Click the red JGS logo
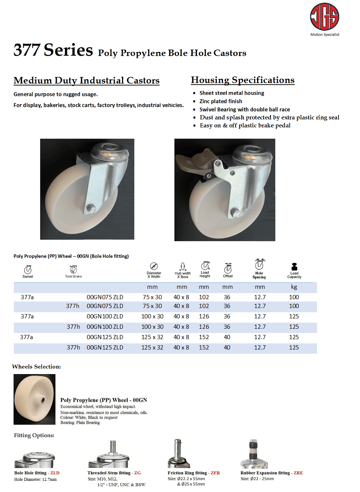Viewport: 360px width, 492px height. [x=324, y=16]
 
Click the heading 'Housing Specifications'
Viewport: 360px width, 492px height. [x=243, y=80]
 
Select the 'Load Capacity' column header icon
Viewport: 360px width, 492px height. [x=294, y=267]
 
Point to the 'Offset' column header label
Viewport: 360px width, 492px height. [x=228, y=276]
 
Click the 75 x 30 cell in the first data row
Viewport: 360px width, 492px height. [x=152, y=297]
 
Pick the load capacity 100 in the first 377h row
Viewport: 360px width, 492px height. [x=294, y=306]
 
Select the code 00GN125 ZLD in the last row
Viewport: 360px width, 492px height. [x=105, y=347]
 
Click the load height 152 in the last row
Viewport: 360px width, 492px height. [x=204, y=347]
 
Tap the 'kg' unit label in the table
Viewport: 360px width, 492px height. [x=294, y=287]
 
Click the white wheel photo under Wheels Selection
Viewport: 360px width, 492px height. [x=34, y=399]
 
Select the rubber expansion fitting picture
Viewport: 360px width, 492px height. [x=254, y=453]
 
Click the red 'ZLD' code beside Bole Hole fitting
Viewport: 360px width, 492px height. [x=55, y=473]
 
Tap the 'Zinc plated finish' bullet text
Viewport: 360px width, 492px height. [x=221, y=101]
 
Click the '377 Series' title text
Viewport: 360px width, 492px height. [x=53, y=50]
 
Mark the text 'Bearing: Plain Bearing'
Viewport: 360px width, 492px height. [x=80, y=422]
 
